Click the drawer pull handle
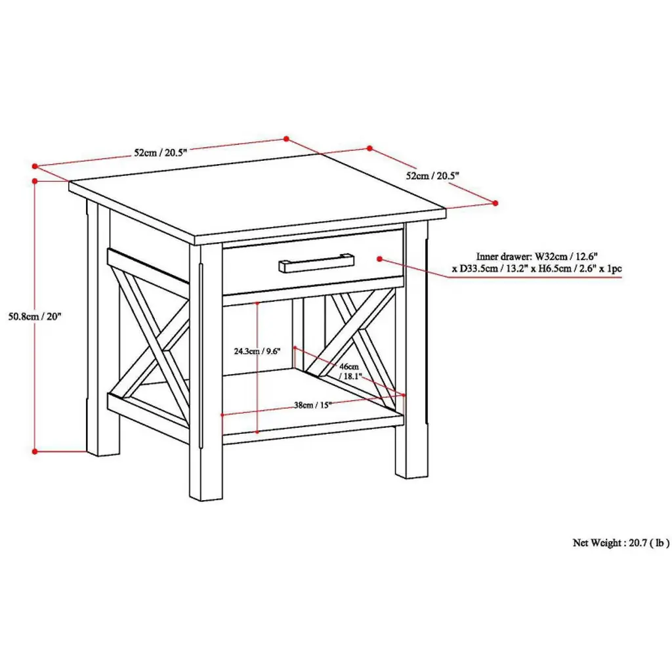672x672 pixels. point(316,262)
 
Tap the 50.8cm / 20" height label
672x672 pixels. point(35,317)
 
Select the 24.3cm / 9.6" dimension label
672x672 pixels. point(257,351)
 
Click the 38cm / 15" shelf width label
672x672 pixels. point(313,405)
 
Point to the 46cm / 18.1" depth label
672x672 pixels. point(350,371)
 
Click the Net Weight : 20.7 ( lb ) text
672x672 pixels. point(621,543)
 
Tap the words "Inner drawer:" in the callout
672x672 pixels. point(503,257)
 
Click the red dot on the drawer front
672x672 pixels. point(379,259)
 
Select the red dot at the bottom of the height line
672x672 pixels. point(35,451)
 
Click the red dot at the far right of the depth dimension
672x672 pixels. point(495,203)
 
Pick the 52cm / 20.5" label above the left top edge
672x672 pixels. point(161,152)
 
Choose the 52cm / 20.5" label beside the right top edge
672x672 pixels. point(432,176)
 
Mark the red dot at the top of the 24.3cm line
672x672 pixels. point(257,303)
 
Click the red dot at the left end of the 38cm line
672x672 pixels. point(222,415)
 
